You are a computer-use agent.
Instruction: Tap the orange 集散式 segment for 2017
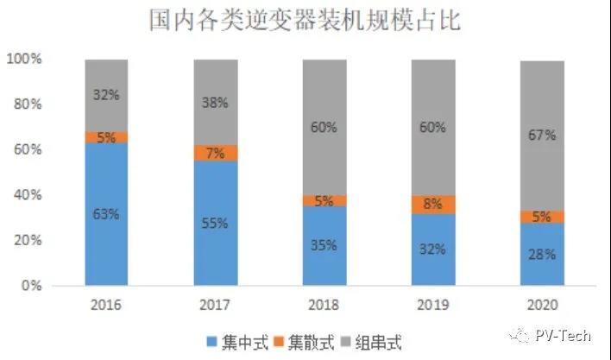point(215,154)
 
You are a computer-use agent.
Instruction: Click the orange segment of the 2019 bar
point(432,205)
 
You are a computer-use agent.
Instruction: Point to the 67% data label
point(542,136)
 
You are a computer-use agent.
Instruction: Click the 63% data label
point(106,215)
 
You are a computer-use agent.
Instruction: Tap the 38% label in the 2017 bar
point(215,103)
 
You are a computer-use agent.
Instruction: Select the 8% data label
point(432,205)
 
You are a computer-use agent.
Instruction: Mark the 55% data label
point(215,224)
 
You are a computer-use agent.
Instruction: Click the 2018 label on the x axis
point(324,305)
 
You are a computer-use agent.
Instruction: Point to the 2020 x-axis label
point(542,305)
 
